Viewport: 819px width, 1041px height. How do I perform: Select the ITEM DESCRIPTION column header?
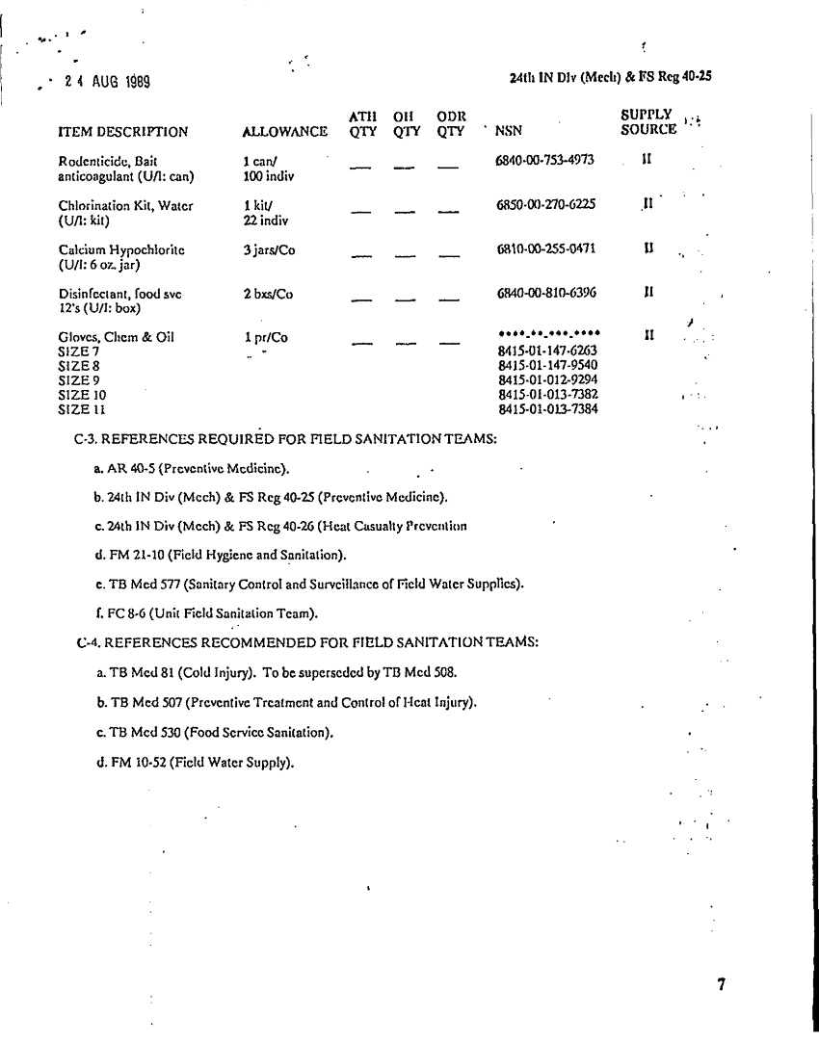click(x=122, y=132)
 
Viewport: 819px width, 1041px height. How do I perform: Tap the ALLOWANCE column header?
click(x=284, y=132)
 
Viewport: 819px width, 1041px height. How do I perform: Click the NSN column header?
click(x=508, y=132)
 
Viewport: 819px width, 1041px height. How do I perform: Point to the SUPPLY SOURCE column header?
click(x=648, y=122)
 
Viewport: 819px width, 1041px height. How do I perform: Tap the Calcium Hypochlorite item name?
click(x=121, y=249)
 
